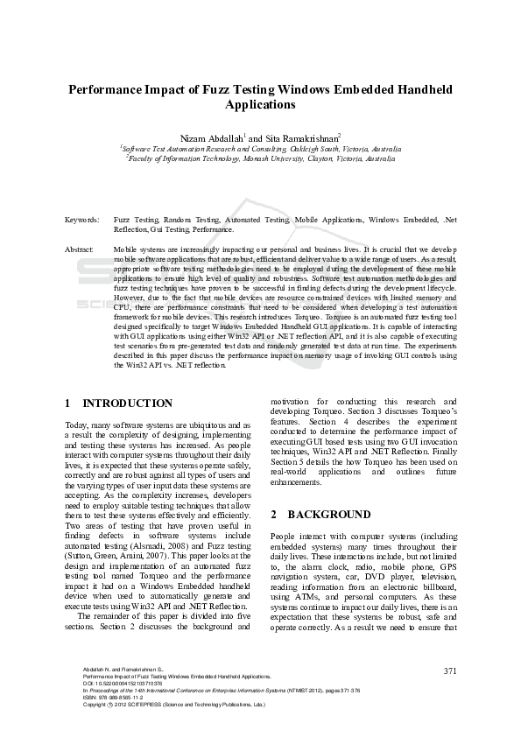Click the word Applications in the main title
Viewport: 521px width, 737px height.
pyautogui.click(x=260, y=105)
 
